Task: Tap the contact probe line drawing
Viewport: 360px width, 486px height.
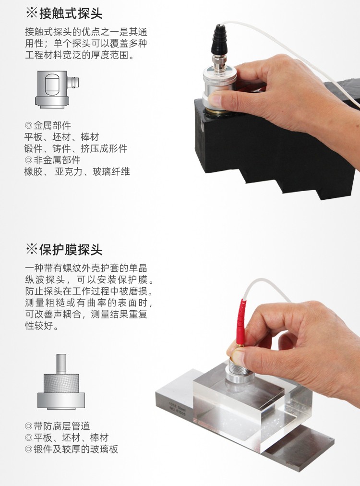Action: click(57, 89)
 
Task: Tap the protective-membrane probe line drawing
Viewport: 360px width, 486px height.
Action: click(61, 381)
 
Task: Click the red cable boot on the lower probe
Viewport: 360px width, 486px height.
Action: click(241, 322)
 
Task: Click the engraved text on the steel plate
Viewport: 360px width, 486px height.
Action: click(177, 408)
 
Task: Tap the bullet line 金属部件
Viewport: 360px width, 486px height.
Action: click(48, 125)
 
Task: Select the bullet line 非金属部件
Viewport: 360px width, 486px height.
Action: click(53, 160)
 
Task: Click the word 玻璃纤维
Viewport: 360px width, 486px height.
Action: click(111, 171)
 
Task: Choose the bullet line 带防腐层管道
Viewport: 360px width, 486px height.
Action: click(57, 426)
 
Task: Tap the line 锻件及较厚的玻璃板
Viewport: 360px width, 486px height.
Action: click(72, 449)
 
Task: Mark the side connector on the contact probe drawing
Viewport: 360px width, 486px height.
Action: click(73, 82)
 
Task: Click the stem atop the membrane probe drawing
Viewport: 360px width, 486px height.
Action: click(61, 364)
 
